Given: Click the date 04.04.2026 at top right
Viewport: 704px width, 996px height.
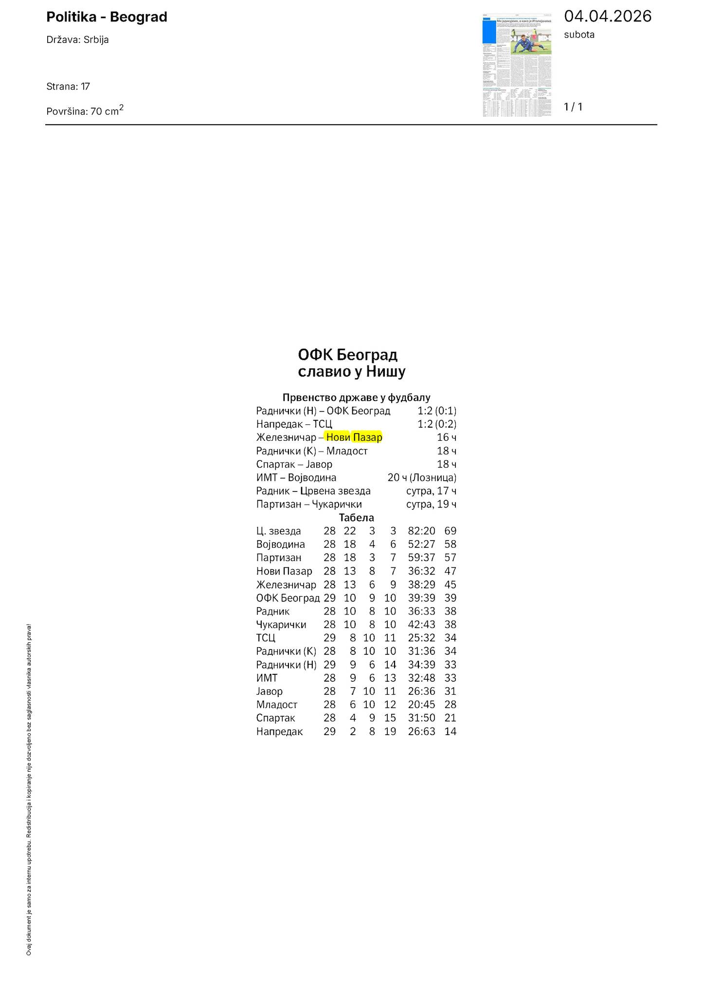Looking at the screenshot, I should coord(607,17).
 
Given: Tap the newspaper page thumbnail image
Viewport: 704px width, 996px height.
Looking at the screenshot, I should coord(517,65).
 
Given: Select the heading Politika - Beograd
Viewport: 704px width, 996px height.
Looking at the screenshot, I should coord(107,17).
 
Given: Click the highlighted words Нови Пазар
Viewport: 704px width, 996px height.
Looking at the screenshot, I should coord(354,437).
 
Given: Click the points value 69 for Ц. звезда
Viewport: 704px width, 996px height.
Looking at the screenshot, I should coord(450,531).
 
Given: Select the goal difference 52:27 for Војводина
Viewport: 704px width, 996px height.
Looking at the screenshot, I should coord(421,544).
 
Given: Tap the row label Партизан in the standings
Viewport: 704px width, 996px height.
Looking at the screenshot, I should coord(279,558).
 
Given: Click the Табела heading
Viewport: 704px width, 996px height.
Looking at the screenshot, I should coord(356,518).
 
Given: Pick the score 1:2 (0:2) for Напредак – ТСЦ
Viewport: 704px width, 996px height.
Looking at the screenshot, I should coord(436,424).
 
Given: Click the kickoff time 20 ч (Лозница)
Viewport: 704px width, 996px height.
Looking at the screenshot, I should coord(422,478).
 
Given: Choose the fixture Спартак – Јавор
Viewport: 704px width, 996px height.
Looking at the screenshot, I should coord(294,464).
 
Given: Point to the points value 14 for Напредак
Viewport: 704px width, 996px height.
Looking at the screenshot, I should coord(450,731).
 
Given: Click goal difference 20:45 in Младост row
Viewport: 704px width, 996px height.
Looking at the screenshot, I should coord(421,705).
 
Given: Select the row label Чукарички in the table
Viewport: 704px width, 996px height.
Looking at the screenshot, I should coord(281,625).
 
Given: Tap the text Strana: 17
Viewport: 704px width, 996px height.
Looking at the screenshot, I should coord(68,87).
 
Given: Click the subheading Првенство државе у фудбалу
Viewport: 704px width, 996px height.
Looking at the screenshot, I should coord(356,398).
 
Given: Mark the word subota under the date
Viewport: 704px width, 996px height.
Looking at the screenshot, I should coord(579,35).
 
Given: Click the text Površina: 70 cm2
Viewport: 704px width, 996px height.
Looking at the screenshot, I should coord(85,111).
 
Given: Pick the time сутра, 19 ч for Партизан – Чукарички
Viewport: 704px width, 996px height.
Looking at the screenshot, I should coord(431,504).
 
